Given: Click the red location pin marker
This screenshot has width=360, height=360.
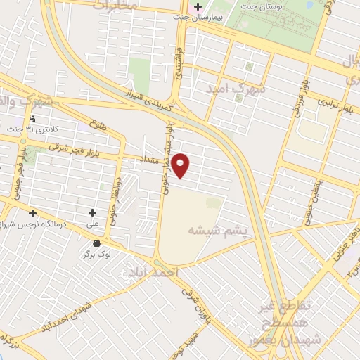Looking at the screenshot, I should click(181, 165).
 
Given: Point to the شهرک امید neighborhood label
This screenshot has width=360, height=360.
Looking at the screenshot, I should click(236, 89).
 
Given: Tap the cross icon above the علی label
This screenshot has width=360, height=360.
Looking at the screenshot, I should click(92, 212).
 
